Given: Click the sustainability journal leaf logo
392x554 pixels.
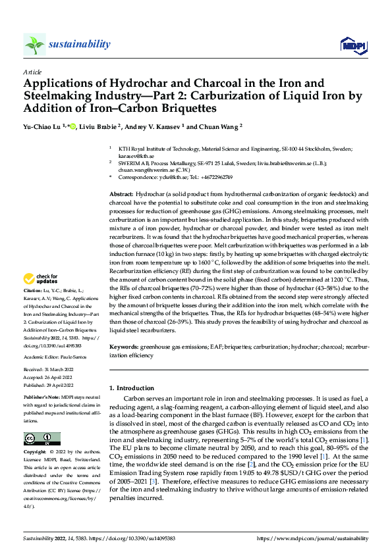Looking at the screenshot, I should pyautogui.click(x=35, y=44).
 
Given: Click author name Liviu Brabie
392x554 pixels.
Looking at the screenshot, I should pyautogui.click(x=99, y=127).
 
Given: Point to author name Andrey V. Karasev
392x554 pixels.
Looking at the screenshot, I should pyautogui.click(x=152, y=127).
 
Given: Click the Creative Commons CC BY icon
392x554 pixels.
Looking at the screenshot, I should pyautogui.click(x=42, y=438).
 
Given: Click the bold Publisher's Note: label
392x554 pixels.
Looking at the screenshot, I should pyautogui.click(x=42, y=399).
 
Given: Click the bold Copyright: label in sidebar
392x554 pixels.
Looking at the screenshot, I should pyautogui.click(x=36, y=453).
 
